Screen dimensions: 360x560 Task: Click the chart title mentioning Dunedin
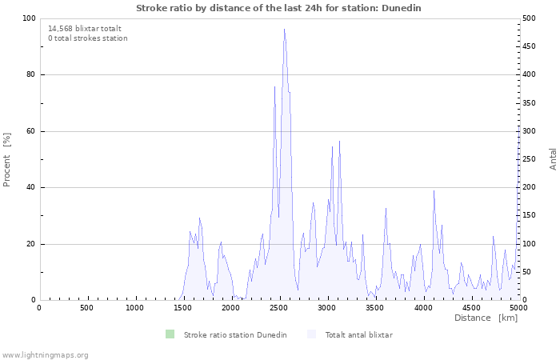point(278,8)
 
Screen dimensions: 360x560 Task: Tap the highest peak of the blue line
point(284,30)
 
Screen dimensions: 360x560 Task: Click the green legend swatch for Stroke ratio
point(170,334)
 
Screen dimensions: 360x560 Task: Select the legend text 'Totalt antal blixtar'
point(358,334)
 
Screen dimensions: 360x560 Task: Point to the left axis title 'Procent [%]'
point(7,159)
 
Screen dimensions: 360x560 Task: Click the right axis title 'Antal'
point(553,158)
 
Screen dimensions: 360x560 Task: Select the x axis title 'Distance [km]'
point(486,318)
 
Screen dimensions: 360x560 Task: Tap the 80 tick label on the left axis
point(30,75)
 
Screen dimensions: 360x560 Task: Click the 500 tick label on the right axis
point(529,18)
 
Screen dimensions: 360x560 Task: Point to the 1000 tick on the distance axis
point(134,308)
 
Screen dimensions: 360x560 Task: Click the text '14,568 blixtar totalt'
point(85,28)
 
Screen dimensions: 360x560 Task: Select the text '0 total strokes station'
point(87,38)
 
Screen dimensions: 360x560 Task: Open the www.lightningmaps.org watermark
point(45,354)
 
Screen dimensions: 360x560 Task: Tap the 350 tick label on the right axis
point(529,103)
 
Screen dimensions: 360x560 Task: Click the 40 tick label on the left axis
point(30,188)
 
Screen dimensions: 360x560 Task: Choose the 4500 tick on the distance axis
point(470,308)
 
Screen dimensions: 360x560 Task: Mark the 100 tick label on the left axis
point(29,18)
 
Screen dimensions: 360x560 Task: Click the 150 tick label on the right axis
point(529,216)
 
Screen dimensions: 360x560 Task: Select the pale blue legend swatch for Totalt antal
point(311,334)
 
